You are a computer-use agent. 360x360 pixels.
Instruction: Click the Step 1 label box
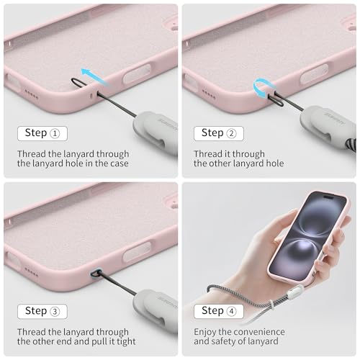42,133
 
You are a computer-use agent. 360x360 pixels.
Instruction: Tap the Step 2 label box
219,133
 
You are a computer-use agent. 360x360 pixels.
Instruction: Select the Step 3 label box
42,311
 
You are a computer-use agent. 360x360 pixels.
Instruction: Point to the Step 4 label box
219,311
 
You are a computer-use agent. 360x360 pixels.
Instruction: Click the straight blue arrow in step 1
94,76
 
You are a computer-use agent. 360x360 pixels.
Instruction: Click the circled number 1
55,133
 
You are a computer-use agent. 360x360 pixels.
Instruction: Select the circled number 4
231,312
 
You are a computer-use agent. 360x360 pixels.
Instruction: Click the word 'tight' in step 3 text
126,341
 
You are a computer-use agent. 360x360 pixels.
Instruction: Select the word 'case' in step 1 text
120,163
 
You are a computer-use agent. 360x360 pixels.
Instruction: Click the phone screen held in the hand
307,238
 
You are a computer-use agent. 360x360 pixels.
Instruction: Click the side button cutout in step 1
137,74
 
